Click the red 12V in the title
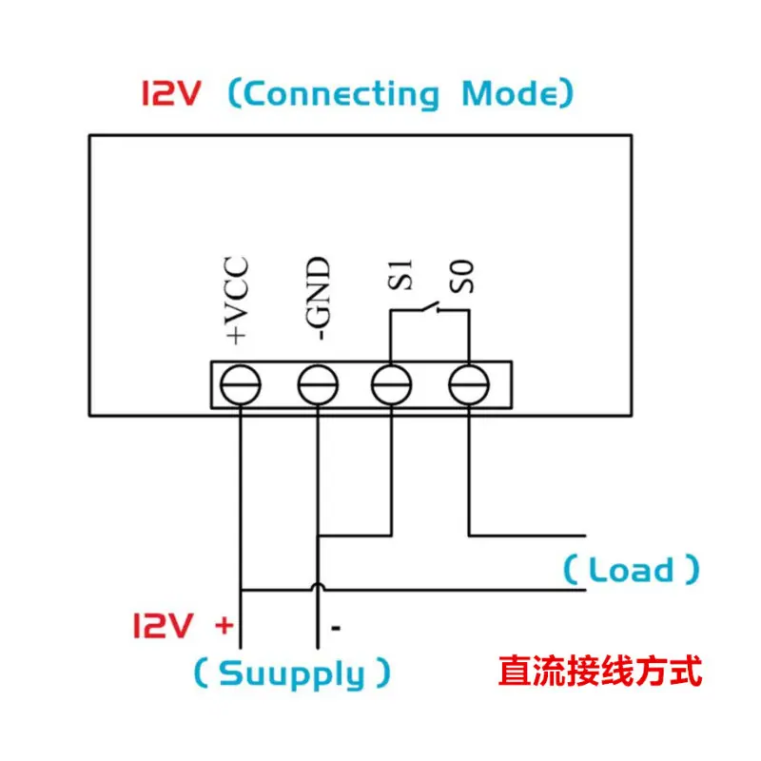point(171,93)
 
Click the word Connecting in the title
point(341,94)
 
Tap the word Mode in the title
point(510,93)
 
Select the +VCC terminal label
point(237,301)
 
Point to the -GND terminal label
point(319,299)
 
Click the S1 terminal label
point(400,275)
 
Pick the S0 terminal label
point(461,276)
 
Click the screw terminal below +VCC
point(241,385)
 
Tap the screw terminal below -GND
point(318,385)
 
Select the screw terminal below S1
point(391,385)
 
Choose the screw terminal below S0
point(469,385)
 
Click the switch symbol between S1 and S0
point(431,307)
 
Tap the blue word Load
point(631,569)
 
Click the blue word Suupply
point(292,674)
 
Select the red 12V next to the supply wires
point(163,625)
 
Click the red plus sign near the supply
point(224,625)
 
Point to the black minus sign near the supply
point(336,628)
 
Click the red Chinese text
point(600,671)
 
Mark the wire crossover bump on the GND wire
point(318,586)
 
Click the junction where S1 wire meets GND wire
point(318,536)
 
